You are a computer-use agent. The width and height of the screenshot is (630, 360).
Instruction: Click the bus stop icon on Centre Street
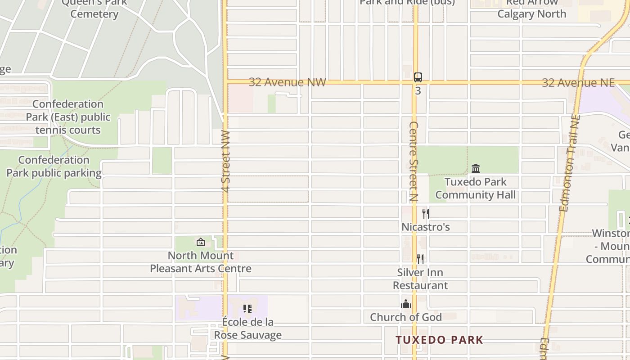coord(418,77)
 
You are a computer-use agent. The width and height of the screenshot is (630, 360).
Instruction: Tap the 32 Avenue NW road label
coord(287,82)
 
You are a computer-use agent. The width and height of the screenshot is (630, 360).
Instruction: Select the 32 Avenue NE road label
coord(578,83)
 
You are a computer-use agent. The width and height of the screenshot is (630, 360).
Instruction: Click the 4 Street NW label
coord(226,162)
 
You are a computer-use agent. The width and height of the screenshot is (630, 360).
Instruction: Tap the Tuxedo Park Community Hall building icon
coord(476,169)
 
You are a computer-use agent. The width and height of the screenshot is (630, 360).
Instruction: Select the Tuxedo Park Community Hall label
coord(476,189)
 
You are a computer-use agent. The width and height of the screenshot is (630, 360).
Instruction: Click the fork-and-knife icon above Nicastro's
coord(426,213)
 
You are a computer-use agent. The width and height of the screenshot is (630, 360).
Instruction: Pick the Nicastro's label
coord(426,227)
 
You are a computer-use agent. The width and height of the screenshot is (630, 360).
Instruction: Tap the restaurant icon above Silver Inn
coord(420,259)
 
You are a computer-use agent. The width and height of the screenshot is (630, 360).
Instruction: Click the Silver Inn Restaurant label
coord(420,279)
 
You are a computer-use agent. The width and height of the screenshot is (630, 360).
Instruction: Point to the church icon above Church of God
coord(406,304)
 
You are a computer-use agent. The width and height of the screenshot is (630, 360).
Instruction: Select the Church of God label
coord(406,317)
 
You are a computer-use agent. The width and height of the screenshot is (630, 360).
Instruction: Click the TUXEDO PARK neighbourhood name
coord(439,340)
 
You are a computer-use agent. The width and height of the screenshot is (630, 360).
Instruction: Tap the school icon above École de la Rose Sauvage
coord(247,309)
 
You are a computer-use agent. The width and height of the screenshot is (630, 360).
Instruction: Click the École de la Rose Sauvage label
coord(247,328)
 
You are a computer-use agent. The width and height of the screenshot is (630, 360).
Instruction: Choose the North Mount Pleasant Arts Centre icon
coord(201,242)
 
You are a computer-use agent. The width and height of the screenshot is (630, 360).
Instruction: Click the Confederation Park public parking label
coord(54,166)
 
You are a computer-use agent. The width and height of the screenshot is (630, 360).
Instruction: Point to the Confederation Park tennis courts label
coord(68,117)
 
